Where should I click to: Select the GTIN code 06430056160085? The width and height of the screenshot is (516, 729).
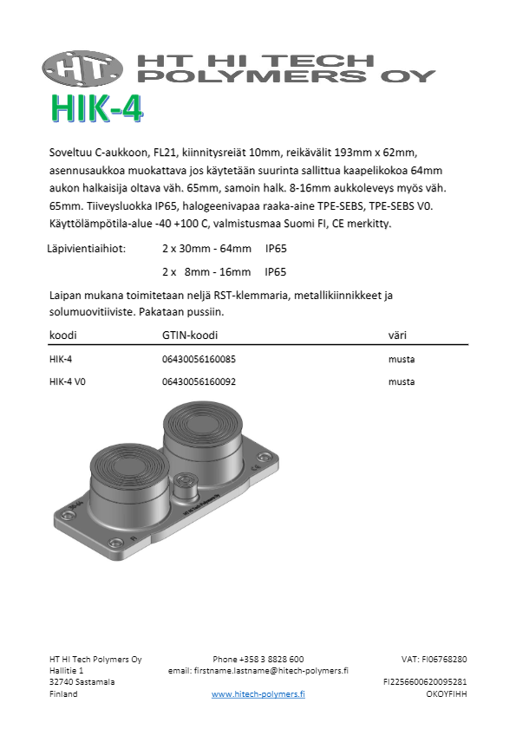pyautogui.click(x=199, y=359)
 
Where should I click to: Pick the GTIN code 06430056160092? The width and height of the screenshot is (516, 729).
pyautogui.click(x=199, y=381)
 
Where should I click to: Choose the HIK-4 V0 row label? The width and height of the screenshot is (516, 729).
pyautogui.click(x=69, y=381)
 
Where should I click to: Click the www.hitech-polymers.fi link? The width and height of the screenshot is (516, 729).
pyautogui.click(x=258, y=693)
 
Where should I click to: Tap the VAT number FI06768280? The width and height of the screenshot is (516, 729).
pyautogui.click(x=434, y=659)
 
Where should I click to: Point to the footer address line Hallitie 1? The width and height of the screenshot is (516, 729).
pyautogui.click(x=67, y=670)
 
